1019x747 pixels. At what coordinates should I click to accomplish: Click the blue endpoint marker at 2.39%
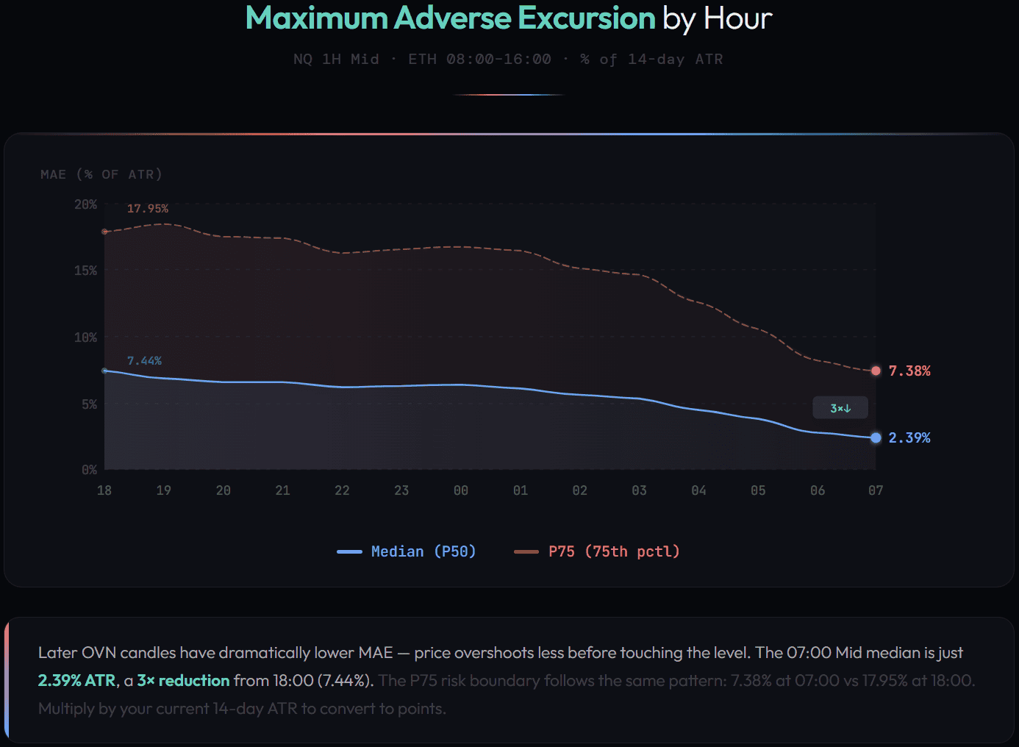pos(876,437)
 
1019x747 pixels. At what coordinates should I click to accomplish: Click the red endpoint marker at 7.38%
pos(876,371)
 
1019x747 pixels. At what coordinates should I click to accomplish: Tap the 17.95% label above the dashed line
pos(147,209)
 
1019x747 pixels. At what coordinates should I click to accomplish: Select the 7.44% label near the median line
pos(144,361)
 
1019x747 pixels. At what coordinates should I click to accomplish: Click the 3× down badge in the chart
pos(840,408)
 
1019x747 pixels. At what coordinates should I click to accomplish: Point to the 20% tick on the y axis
pos(85,204)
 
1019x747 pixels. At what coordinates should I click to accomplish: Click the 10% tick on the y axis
pos(85,337)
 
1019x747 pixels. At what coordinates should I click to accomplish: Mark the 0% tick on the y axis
pos(89,470)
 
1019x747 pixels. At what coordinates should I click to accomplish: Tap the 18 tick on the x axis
pos(104,490)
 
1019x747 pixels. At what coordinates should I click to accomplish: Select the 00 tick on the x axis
pos(461,490)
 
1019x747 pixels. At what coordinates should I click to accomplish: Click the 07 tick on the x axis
pos(876,490)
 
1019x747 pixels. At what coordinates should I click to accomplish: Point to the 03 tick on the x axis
pos(639,490)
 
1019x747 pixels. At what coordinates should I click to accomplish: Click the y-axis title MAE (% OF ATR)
pos(101,174)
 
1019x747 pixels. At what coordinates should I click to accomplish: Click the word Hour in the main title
pos(737,18)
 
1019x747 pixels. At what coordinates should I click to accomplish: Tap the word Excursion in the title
pos(586,18)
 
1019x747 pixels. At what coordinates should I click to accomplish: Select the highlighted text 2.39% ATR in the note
pos(76,681)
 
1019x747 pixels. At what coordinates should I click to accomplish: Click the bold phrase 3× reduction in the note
pos(183,681)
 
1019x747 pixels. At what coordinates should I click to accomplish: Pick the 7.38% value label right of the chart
pos(909,371)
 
